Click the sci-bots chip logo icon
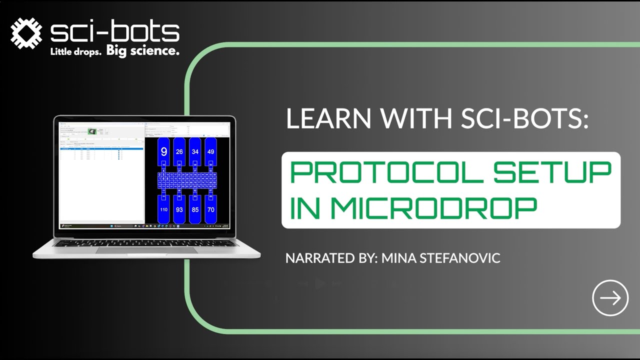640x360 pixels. (26, 33)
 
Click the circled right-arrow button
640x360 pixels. (610, 298)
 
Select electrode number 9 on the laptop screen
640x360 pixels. (163, 151)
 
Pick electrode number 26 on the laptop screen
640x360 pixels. (179, 151)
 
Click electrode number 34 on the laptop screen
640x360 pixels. (195, 151)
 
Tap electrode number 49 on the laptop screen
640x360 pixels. (210, 151)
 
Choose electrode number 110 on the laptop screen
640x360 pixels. (163, 209)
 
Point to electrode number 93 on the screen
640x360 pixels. (179, 209)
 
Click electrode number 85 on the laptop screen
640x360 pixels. (195, 209)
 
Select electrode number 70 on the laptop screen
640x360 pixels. (210, 209)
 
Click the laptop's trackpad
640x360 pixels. (146, 249)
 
